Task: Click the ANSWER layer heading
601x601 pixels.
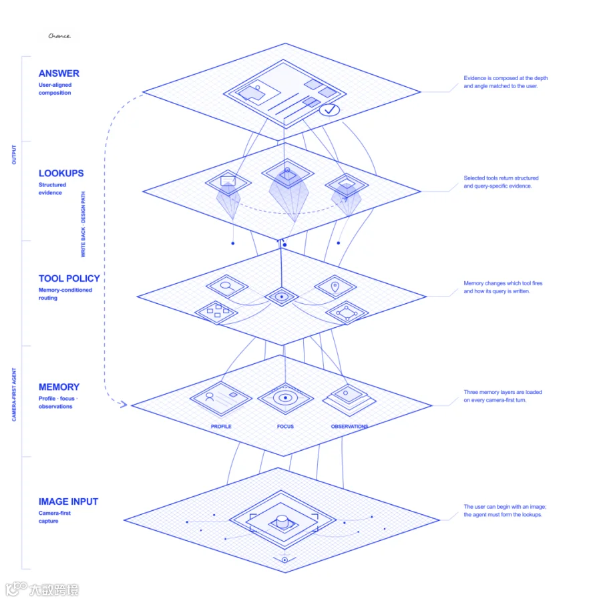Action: pos(59,73)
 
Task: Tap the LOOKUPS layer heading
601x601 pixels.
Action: pos(61,173)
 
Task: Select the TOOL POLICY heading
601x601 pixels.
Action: pos(69,278)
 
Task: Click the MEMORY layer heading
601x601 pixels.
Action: pos(59,387)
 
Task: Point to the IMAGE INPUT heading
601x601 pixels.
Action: pos(68,502)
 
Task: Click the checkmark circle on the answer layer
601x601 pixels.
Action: pos(329,110)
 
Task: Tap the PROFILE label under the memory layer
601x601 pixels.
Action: pos(221,426)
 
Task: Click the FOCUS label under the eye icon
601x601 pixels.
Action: pos(285,426)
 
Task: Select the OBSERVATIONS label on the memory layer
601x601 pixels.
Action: pos(349,426)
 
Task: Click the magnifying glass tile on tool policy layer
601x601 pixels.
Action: pos(227,286)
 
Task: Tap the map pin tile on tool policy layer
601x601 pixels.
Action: pos(335,286)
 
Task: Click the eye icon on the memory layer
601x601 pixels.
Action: pos(285,398)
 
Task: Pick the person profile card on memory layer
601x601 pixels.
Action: pos(221,399)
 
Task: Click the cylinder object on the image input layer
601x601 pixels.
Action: pos(282,521)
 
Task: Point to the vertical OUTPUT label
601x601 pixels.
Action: pos(14,154)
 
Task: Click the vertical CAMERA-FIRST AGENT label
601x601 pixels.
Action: pos(14,395)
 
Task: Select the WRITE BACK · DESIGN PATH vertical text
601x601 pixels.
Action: pos(83,224)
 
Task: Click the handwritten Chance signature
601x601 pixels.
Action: pos(59,35)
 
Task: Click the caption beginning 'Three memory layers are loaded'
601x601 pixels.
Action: pos(502,396)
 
